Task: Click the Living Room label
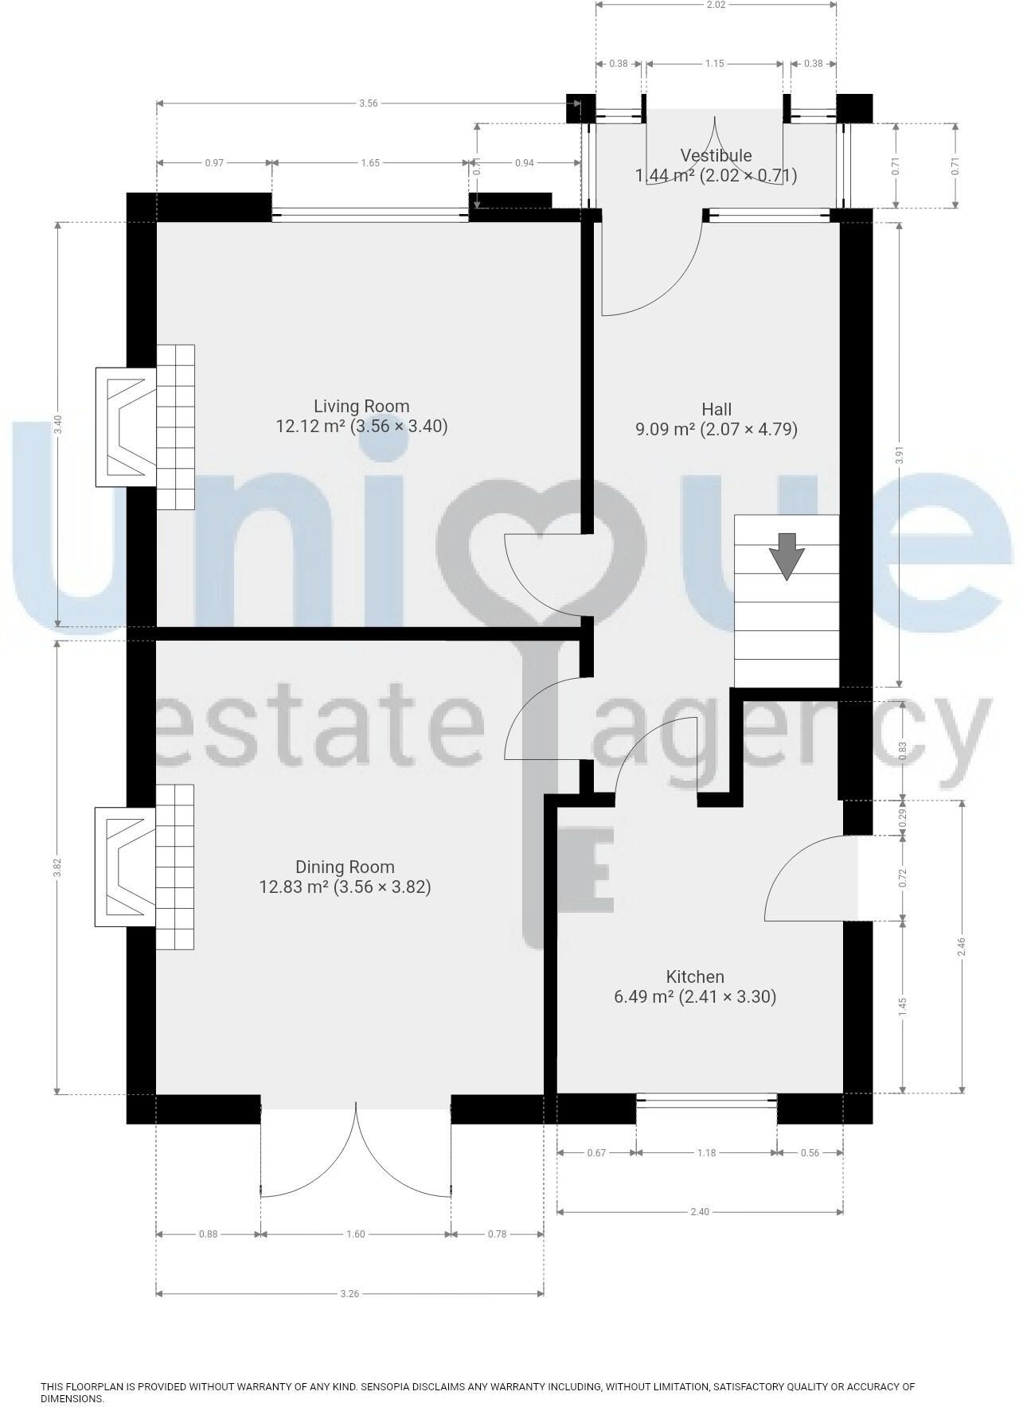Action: [361, 407]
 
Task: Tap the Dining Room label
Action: [345, 867]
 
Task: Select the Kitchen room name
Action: [695, 976]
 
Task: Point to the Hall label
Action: [716, 409]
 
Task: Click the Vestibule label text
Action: [716, 155]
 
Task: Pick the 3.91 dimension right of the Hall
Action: [900, 454]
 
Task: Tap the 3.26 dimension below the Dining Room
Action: [349, 1293]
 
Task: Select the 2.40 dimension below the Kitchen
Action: [700, 1211]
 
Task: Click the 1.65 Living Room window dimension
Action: [370, 162]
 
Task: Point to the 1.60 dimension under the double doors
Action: [355, 1234]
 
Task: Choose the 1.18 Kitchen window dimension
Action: [706, 1152]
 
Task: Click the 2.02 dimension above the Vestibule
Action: [716, 5]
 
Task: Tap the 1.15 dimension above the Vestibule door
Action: [714, 64]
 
